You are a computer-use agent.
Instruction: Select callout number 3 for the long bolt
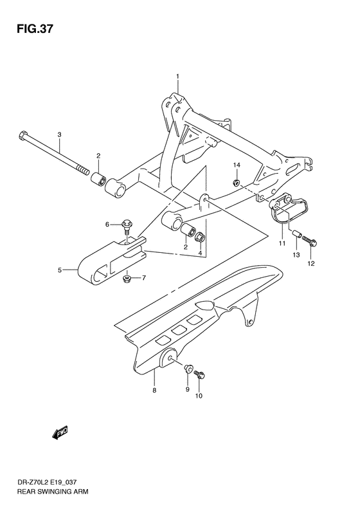(59, 134)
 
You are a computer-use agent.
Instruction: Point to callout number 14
(236, 166)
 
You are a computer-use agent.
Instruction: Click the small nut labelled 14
(237, 183)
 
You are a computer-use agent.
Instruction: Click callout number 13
(296, 255)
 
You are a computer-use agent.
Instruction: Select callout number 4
(200, 254)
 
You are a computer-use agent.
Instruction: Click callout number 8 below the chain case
(154, 390)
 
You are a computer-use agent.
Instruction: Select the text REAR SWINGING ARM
(45, 492)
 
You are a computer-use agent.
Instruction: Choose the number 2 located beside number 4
(186, 246)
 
